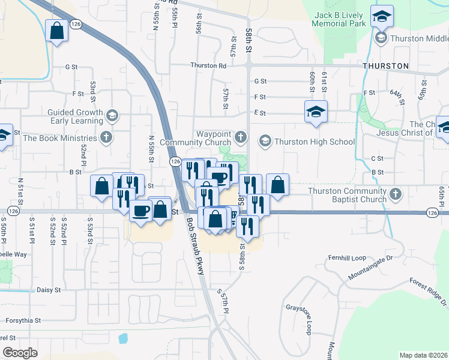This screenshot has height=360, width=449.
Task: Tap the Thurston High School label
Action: [x=315, y=142]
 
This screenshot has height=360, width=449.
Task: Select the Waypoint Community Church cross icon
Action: [x=240, y=137]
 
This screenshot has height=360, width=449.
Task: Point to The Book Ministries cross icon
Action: [x=106, y=137]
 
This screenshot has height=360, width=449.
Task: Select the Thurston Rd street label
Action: [x=208, y=65]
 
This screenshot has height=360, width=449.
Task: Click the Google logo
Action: [x=20, y=353]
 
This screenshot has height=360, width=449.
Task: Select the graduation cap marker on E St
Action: [x=316, y=112]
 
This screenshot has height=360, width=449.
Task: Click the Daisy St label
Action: [x=49, y=290]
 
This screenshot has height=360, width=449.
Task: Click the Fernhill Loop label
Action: [x=346, y=258]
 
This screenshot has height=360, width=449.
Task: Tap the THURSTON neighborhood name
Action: [x=385, y=65]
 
